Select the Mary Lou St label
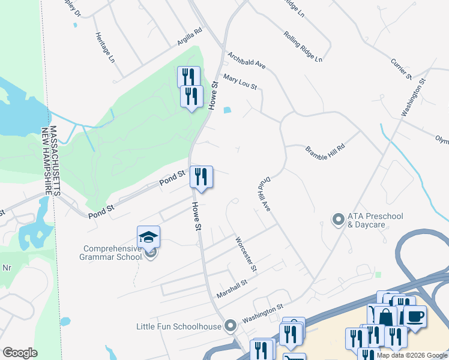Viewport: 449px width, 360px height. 240,82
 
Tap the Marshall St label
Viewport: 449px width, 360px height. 232,290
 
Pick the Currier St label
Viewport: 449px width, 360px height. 400,68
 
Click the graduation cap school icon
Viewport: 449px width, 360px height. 148,236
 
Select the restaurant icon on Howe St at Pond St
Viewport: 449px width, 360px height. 201,176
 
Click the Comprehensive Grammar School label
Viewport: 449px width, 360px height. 112,253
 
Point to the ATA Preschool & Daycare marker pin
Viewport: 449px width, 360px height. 337,220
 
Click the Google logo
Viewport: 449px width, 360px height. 20,352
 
